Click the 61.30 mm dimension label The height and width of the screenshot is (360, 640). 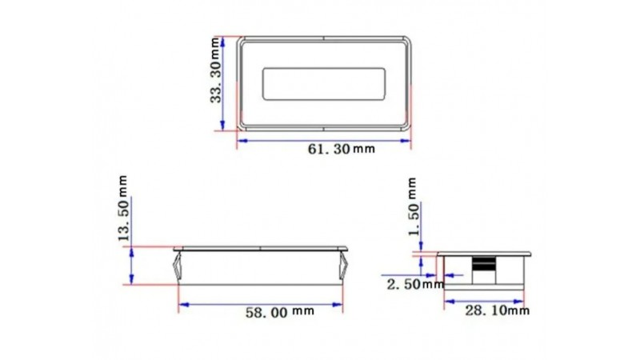click(x=342, y=149)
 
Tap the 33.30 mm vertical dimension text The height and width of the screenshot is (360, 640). click(x=215, y=70)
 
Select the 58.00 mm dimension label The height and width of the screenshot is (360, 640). click(x=279, y=312)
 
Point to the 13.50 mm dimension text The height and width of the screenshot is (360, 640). click(x=123, y=208)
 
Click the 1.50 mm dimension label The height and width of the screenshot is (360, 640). click(x=413, y=206)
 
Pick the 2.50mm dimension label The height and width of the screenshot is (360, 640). click(x=415, y=284)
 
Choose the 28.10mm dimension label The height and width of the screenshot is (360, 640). click(x=497, y=310)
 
